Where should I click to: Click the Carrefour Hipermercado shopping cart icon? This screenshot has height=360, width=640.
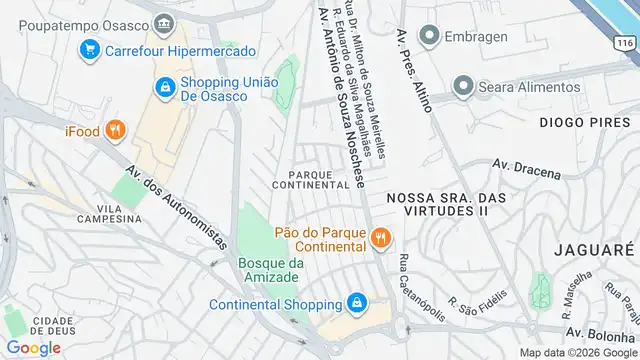point(90,47)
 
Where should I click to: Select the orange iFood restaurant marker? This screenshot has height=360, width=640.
point(117,129)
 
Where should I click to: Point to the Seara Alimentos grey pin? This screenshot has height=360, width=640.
point(462,87)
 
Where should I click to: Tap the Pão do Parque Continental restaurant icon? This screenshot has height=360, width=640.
point(380,238)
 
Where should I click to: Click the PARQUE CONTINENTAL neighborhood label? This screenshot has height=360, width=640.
point(312,178)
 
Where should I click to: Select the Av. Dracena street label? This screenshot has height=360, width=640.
point(527,169)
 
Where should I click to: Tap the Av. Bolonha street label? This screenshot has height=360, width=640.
point(601,332)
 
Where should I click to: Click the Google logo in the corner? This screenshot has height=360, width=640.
point(33,347)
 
